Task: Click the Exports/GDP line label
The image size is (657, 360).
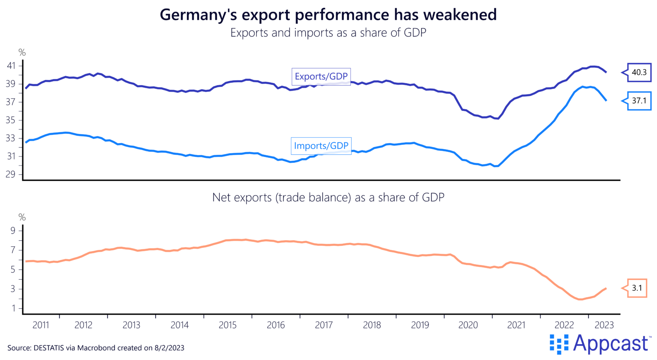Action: tap(321, 77)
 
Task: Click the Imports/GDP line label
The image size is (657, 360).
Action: tap(321, 146)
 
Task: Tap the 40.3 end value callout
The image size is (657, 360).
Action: tap(639, 72)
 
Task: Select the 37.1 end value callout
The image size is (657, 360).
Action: tap(639, 101)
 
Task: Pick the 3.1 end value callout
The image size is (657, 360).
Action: tap(637, 288)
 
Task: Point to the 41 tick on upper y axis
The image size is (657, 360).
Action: tap(11, 66)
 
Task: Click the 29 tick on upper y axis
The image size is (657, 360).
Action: tap(11, 174)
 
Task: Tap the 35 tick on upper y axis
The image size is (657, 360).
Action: tap(11, 120)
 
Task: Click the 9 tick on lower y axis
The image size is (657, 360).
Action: tap(13, 231)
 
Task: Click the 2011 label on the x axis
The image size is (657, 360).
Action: tap(41, 325)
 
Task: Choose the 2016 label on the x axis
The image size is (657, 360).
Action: tap(276, 325)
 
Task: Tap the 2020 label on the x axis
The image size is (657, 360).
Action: tap(468, 325)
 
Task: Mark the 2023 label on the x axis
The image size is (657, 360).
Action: tap(604, 325)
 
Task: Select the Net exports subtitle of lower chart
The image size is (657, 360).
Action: tap(328, 198)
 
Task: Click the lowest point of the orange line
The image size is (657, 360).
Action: tap(580, 299)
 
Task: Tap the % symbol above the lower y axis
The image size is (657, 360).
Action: tap(22, 218)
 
